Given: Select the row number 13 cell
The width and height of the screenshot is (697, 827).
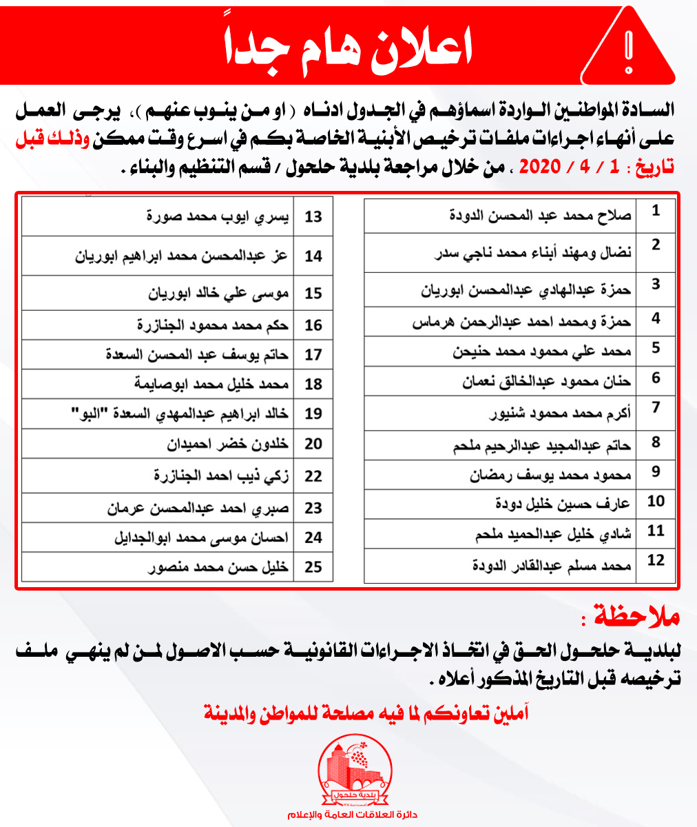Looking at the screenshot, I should [313, 217].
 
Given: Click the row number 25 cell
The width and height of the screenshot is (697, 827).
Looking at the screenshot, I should [313, 567].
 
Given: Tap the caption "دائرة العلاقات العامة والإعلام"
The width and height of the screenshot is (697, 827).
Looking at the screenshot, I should [354, 815].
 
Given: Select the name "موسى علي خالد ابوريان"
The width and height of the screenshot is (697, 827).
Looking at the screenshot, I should [219, 294].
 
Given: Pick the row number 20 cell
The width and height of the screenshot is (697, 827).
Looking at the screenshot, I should [313, 445].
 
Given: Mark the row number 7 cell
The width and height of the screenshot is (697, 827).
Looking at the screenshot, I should [656, 408].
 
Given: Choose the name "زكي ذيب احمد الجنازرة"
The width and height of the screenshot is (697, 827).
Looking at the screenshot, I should [221, 476].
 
